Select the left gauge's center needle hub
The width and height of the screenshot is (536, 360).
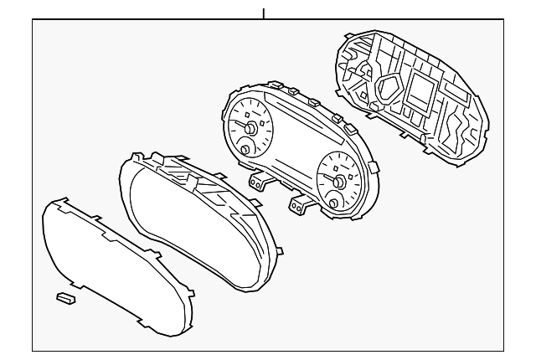(250, 128)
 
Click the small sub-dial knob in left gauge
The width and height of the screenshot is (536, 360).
(245, 149)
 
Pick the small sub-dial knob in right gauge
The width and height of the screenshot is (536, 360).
(336, 203)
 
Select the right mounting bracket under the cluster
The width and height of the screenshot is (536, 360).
(299, 203)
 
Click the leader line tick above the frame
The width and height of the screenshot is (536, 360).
(264, 13)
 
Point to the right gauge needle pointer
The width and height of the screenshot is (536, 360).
(332, 180)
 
